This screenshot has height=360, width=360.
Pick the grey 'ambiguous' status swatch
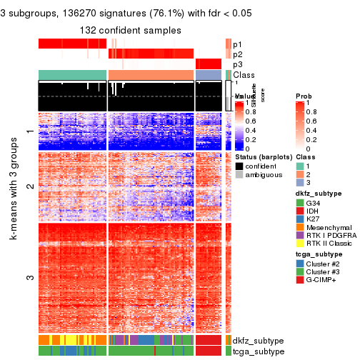pos(239,175)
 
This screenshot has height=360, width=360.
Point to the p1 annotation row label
pos(238,44)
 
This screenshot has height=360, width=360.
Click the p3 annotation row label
pos(238,64)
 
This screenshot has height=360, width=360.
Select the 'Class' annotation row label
pos(244,75)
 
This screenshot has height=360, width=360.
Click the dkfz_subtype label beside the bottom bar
pos(254,340)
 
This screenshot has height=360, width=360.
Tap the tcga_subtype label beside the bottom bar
pos(254,351)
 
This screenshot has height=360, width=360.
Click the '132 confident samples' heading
pos(130,29)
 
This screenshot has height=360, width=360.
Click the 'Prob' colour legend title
pos(303,96)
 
